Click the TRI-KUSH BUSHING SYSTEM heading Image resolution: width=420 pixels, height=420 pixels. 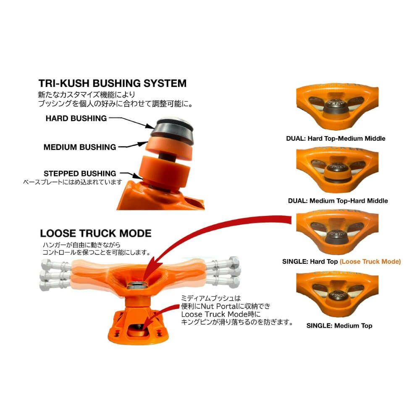click(x=112, y=83)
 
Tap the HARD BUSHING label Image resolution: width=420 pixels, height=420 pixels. click(x=76, y=118)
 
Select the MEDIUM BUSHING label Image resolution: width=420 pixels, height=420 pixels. click(x=80, y=147)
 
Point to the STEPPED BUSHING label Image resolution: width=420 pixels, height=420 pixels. click(x=80, y=173)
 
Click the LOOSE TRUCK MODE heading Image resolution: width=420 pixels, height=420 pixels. click(x=96, y=233)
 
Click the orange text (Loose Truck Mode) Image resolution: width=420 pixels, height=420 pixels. click(x=370, y=261)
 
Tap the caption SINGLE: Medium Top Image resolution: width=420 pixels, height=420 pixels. click(x=339, y=325)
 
